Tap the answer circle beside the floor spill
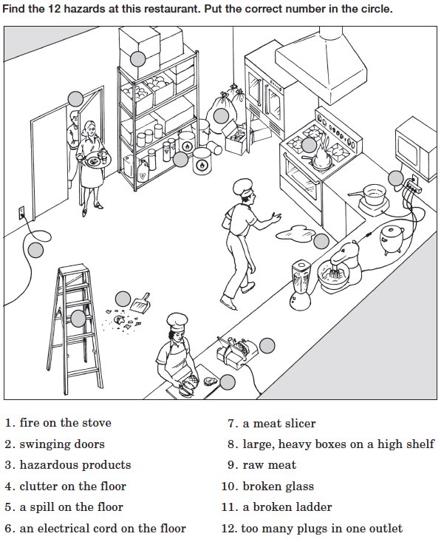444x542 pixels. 321,241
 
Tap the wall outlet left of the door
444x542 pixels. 21,214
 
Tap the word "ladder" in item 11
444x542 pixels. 314,508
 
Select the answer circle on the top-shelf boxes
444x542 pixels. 137,59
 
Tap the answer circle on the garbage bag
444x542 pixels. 221,115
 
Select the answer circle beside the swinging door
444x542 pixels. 75,98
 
